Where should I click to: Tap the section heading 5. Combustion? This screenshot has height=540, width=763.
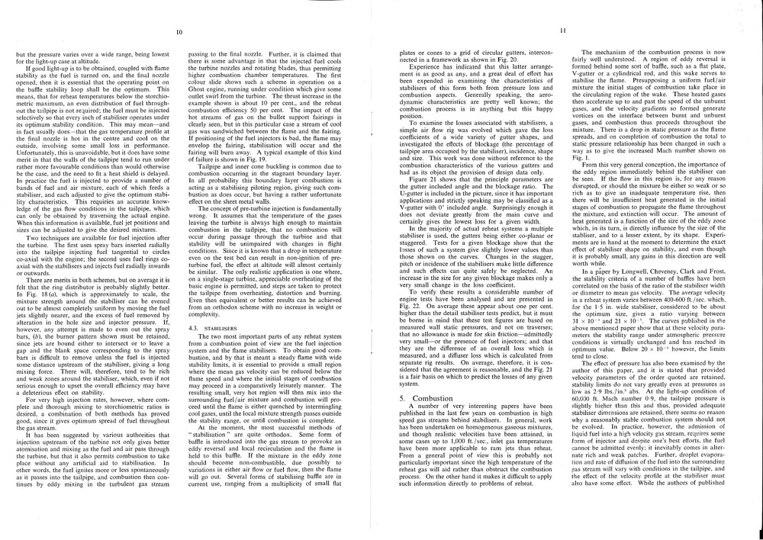click(x=416, y=398)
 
